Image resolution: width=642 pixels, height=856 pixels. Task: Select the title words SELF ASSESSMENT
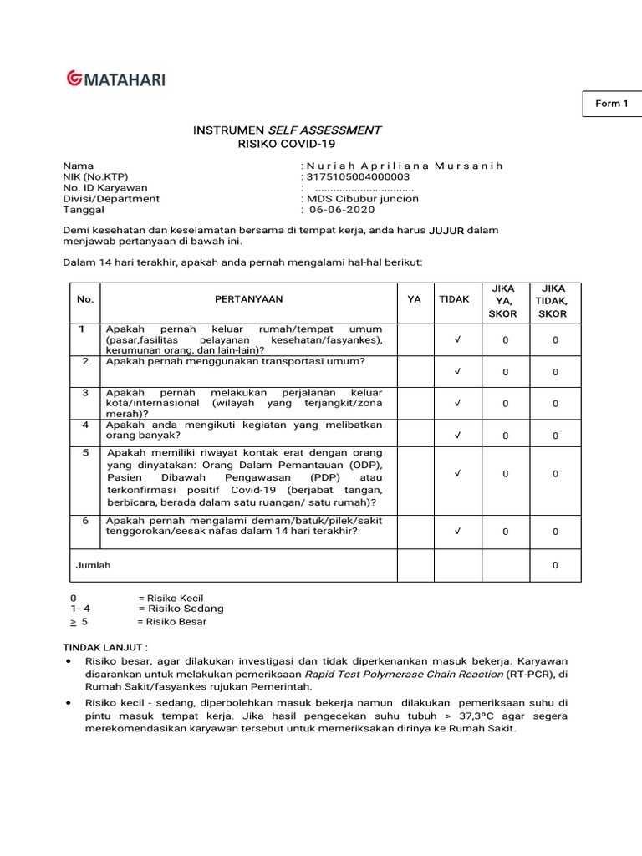point(324,130)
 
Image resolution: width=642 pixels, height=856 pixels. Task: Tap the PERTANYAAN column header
point(249,299)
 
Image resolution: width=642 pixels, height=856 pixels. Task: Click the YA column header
point(415,299)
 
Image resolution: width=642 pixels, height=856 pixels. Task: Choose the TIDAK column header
point(455,299)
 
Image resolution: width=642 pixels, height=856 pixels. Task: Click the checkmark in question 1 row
point(457,340)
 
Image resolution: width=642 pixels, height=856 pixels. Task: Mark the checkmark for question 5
point(457,474)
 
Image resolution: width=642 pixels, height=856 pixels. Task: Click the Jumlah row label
point(93,565)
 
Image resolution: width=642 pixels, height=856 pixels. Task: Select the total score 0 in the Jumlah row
point(555,566)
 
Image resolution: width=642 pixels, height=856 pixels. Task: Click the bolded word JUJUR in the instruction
point(446,230)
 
